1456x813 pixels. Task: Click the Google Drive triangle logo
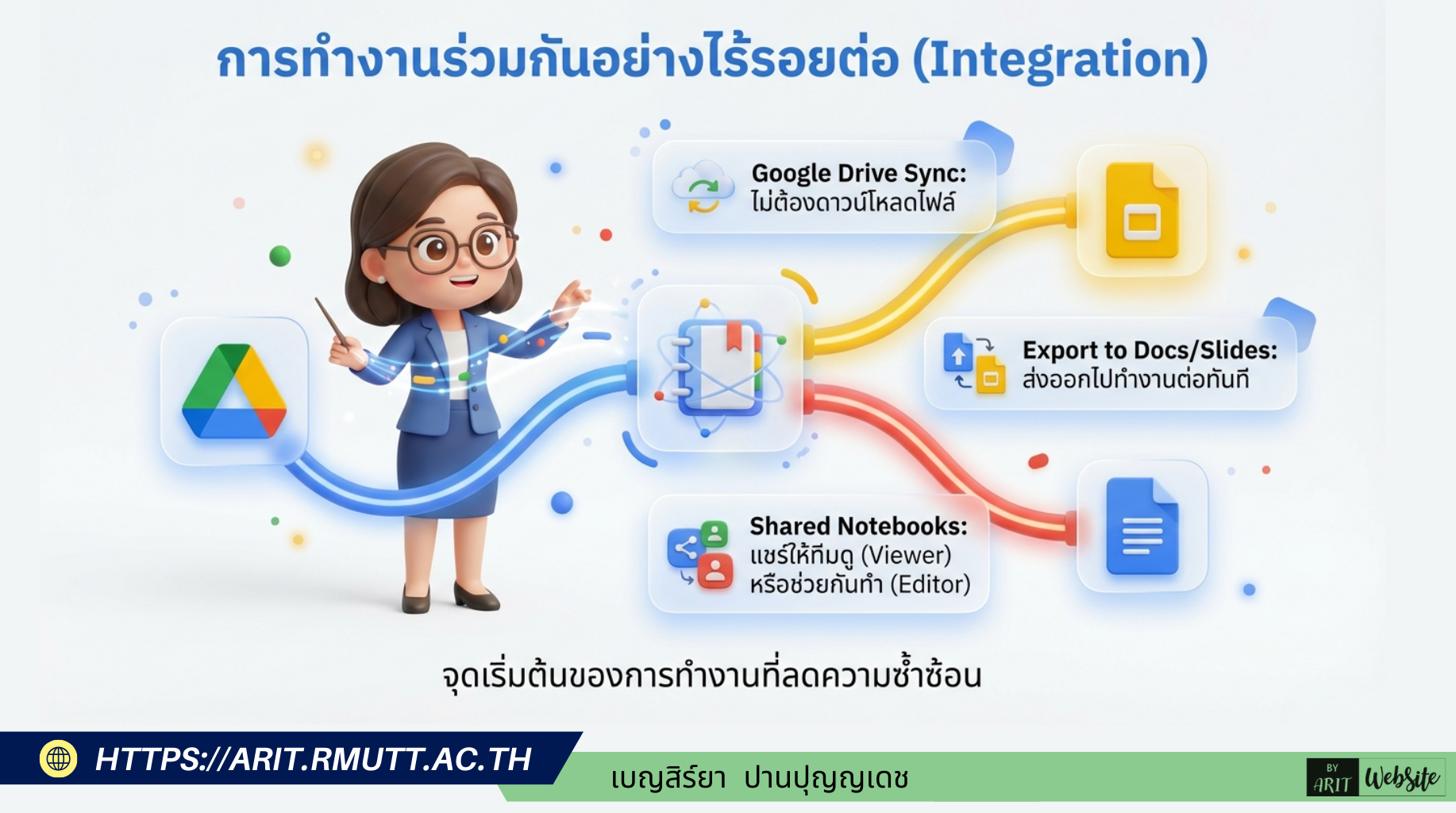[234, 391]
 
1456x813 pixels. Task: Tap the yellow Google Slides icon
[1142, 211]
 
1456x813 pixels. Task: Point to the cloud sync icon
[702, 188]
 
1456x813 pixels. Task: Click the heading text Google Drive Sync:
[859, 173]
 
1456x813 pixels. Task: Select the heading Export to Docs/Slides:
[1150, 350]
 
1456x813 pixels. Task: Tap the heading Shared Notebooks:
[858, 526]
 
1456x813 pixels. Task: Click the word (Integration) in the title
[1060, 60]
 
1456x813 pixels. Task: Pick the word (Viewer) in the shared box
[906, 555]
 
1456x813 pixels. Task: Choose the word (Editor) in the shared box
[930, 584]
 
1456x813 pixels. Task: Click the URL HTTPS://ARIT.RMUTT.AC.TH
[313, 759]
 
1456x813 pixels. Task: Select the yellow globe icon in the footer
[58, 759]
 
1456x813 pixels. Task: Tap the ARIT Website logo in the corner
[1375, 777]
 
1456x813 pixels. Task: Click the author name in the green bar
[759, 778]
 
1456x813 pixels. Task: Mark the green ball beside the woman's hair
[280, 256]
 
